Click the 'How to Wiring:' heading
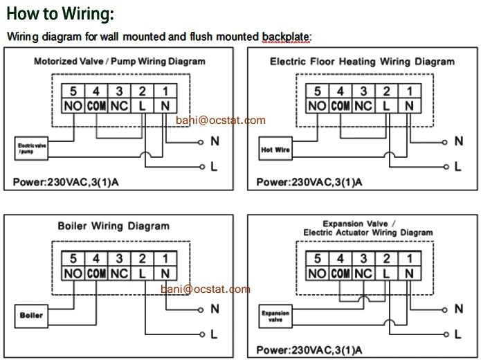(60, 14)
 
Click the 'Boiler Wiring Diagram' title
(113, 226)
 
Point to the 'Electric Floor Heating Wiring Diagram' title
(362, 62)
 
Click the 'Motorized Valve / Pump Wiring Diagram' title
(120, 62)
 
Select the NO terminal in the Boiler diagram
(73, 273)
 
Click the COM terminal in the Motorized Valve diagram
(96, 107)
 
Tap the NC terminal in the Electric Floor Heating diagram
(363, 107)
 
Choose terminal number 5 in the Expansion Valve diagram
(317, 258)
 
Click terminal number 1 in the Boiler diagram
(165, 258)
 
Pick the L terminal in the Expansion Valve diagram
(386, 273)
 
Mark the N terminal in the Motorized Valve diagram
(165, 107)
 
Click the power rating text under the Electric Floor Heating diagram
(309, 183)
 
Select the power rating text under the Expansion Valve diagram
(309, 349)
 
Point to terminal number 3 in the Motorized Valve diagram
(119, 91)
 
